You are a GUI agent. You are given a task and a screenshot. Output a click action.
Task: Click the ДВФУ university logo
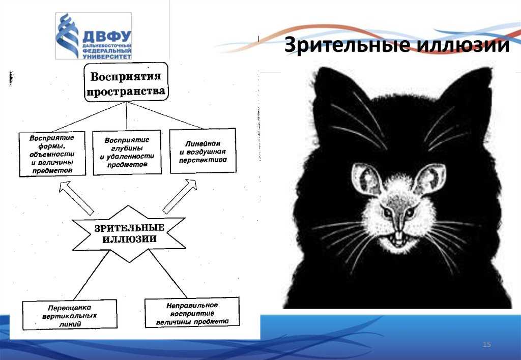94,36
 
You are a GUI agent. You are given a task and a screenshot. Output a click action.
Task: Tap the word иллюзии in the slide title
463,45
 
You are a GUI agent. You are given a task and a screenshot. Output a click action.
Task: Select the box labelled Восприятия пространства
126,82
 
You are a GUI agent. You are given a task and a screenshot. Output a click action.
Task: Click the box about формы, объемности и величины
52,154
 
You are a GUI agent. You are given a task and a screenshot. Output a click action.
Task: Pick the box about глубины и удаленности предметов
127,153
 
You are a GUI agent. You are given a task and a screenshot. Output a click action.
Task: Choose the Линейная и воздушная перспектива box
203,151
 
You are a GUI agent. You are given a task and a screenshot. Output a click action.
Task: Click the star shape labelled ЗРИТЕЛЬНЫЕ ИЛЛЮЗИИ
129,233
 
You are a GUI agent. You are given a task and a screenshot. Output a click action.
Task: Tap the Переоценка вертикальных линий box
70,315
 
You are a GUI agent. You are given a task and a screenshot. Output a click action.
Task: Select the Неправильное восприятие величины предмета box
192,313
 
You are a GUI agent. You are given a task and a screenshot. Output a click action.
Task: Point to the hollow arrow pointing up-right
180,196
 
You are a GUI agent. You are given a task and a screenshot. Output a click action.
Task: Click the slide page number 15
486,344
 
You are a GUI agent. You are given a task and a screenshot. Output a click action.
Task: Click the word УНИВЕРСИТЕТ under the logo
107,57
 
